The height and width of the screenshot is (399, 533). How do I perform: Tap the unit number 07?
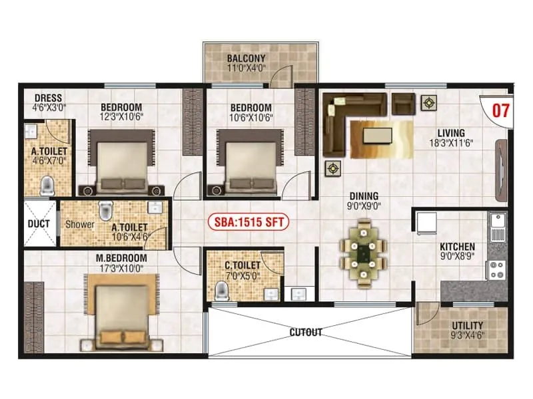tap(501, 110)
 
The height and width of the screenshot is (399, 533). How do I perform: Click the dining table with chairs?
tap(364, 253)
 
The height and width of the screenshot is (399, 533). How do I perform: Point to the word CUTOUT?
tap(306, 332)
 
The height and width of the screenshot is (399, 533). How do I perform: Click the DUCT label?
tap(39, 223)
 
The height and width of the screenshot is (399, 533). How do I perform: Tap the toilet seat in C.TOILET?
tap(221, 290)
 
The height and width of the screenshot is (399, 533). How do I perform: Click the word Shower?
tap(79, 225)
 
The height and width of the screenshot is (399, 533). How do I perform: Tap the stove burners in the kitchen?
tap(497, 268)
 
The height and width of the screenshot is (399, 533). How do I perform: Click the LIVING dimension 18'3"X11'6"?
tap(455, 142)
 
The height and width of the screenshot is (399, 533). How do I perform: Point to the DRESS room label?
tap(47, 96)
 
